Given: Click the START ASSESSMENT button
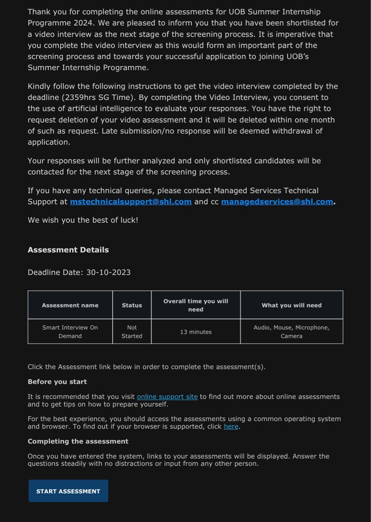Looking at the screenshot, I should (68, 491).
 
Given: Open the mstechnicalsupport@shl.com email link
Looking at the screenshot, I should (130, 202).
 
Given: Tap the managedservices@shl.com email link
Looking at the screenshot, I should (277, 202).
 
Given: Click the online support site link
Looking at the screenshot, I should (167, 396).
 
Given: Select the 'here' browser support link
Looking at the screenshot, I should (231, 426).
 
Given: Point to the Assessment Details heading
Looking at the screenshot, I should (68, 250).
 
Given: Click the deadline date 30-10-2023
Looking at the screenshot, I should (108, 272).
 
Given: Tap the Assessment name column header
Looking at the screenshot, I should (70, 305).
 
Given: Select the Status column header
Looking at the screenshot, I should (132, 305).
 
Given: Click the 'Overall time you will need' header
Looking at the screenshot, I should (196, 305).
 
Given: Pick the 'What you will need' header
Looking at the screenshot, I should (291, 305).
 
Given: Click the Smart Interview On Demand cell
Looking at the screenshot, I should (70, 332).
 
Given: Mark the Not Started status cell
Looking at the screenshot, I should (132, 332).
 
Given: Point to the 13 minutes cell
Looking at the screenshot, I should (196, 332).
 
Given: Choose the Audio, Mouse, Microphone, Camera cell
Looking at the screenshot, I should (291, 332).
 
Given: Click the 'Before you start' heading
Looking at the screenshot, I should (57, 381).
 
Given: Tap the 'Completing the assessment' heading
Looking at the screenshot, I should (78, 441).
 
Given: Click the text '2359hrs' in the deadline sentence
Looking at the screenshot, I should (80, 98).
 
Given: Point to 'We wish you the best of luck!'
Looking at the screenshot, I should (83, 220).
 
